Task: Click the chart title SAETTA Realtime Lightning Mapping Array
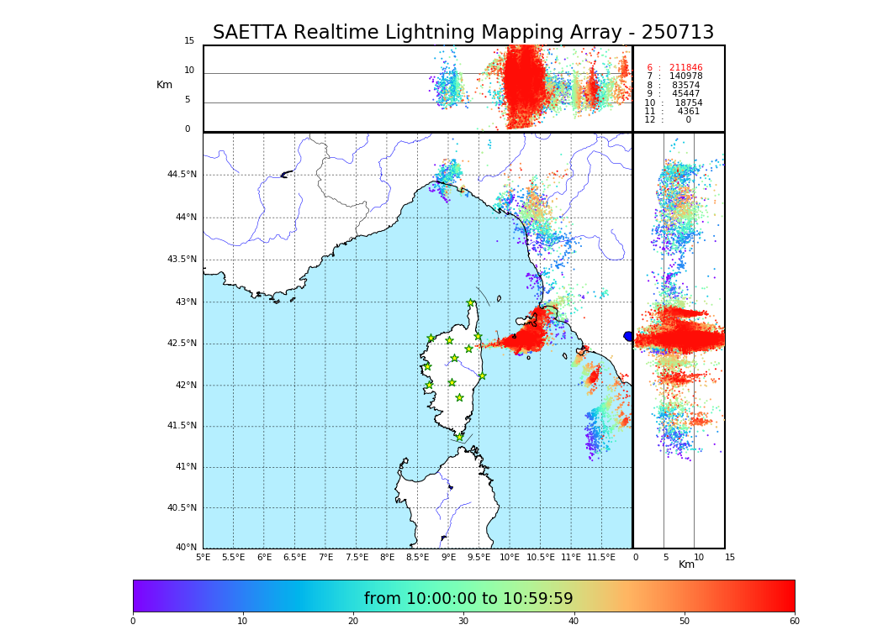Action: point(463,33)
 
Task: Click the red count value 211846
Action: point(685,68)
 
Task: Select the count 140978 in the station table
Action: point(685,76)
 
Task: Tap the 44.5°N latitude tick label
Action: point(182,175)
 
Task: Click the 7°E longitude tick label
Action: point(325,558)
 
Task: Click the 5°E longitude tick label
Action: point(204,558)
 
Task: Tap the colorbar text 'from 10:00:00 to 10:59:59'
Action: point(468,599)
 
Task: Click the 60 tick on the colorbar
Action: point(794,622)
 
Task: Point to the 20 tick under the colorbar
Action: point(353,622)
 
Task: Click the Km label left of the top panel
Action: point(164,85)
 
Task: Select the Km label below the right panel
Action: point(686,564)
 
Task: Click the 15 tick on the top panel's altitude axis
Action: point(189,41)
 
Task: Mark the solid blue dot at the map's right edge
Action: point(628,336)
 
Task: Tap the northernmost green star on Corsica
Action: point(471,303)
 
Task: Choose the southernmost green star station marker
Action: point(459,437)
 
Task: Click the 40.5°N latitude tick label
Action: point(182,508)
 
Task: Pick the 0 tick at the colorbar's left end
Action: point(133,622)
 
